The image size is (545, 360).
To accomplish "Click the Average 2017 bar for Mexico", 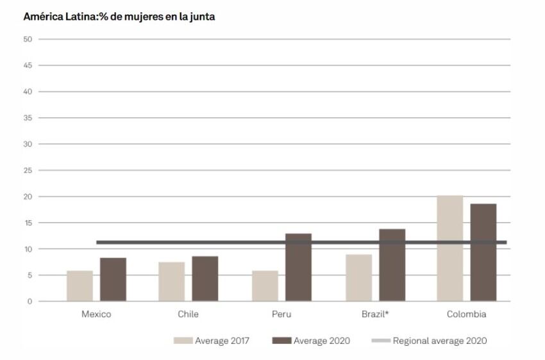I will click(80, 286).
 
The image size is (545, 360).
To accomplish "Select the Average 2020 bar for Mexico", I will click(113, 279).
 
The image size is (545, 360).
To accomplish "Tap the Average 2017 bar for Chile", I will click(171, 281).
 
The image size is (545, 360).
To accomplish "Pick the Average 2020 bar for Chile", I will click(205, 279).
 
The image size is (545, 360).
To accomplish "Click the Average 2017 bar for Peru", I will click(264, 286).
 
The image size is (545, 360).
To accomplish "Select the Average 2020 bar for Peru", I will click(298, 268).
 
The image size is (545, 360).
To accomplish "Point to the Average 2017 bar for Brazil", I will click(358, 277).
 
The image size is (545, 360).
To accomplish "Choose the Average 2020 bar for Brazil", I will click(392, 265).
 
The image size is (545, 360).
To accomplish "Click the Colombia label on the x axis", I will click(466, 314).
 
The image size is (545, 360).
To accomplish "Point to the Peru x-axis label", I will click(281, 314).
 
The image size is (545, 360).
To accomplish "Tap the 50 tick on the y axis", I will click(27, 39).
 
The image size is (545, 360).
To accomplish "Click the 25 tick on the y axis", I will click(27, 170).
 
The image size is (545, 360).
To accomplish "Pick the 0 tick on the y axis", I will click(29, 301).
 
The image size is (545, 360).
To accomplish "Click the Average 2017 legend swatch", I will click(183, 341).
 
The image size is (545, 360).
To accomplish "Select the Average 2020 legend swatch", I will click(281, 341).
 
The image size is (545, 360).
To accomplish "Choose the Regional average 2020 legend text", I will click(440, 341).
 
